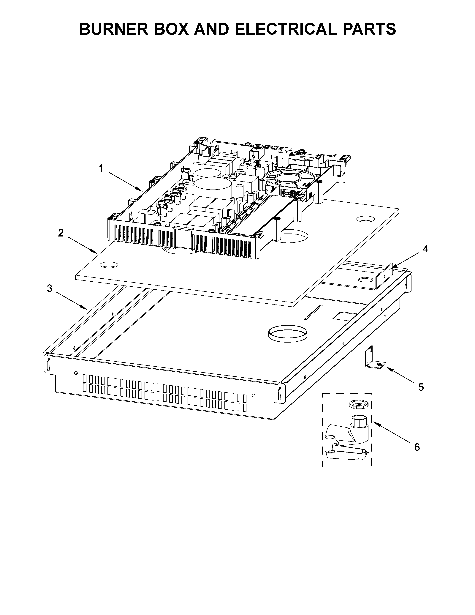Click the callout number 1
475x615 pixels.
(101, 168)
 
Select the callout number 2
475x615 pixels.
(61, 233)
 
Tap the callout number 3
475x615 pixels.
(50, 288)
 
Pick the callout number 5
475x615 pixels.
(421, 387)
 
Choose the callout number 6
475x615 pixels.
(417, 447)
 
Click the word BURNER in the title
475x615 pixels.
(114, 29)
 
